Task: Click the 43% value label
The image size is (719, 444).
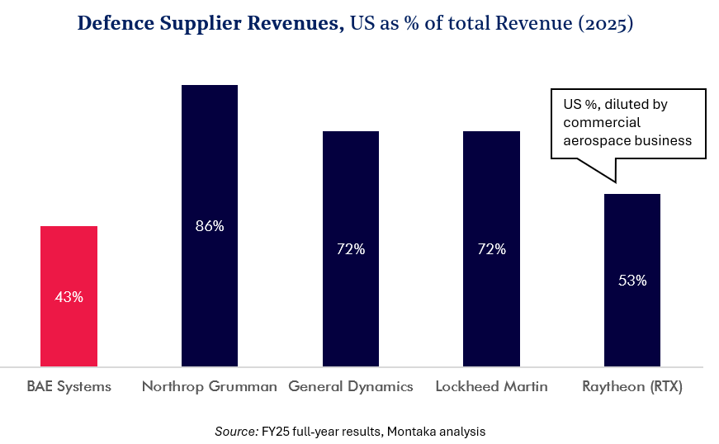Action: tap(69, 297)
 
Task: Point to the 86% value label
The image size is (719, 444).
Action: tap(210, 225)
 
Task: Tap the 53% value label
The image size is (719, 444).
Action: tap(632, 280)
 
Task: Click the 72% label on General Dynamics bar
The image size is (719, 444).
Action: tap(351, 248)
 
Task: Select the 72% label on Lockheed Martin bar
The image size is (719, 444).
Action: tap(491, 248)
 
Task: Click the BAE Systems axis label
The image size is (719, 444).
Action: tap(69, 386)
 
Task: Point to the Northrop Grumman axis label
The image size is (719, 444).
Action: tap(210, 386)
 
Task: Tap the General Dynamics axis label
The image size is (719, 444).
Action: tap(351, 386)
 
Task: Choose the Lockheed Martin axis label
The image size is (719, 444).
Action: tap(491, 386)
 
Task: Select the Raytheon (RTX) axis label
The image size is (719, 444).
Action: tap(632, 386)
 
